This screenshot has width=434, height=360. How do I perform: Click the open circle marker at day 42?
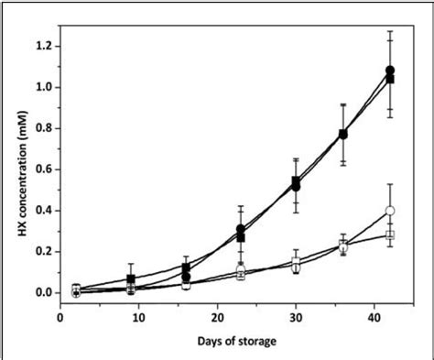pyautogui.click(x=390, y=211)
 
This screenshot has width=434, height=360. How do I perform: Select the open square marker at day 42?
pyautogui.click(x=390, y=235)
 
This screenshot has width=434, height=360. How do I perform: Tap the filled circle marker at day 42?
pyautogui.click(x=390, y=70)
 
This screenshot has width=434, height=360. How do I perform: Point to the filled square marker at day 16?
pyautogui.click(x=186, y=267)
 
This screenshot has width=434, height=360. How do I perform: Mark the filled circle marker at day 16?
pyautogui.click(x=186, y=277)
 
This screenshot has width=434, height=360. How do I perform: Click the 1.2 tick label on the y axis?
pyautogui.click(x=42, y=47)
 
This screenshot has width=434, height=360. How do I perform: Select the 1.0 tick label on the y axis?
pyautogui.click(x=42, y=88)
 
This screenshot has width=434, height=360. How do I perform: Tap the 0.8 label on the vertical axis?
pyautogui.click(x=42, y=129)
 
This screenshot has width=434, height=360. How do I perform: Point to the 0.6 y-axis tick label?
pyautogui.click(x=42, y=170)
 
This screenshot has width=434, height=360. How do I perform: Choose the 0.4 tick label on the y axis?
pyautogui.click(x=42, y=211)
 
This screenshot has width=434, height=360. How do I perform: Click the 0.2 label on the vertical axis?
pyautogui.click(x=42, y=252)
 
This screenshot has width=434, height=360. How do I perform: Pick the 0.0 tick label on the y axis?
pyautogui.click(x=42, y=293)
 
